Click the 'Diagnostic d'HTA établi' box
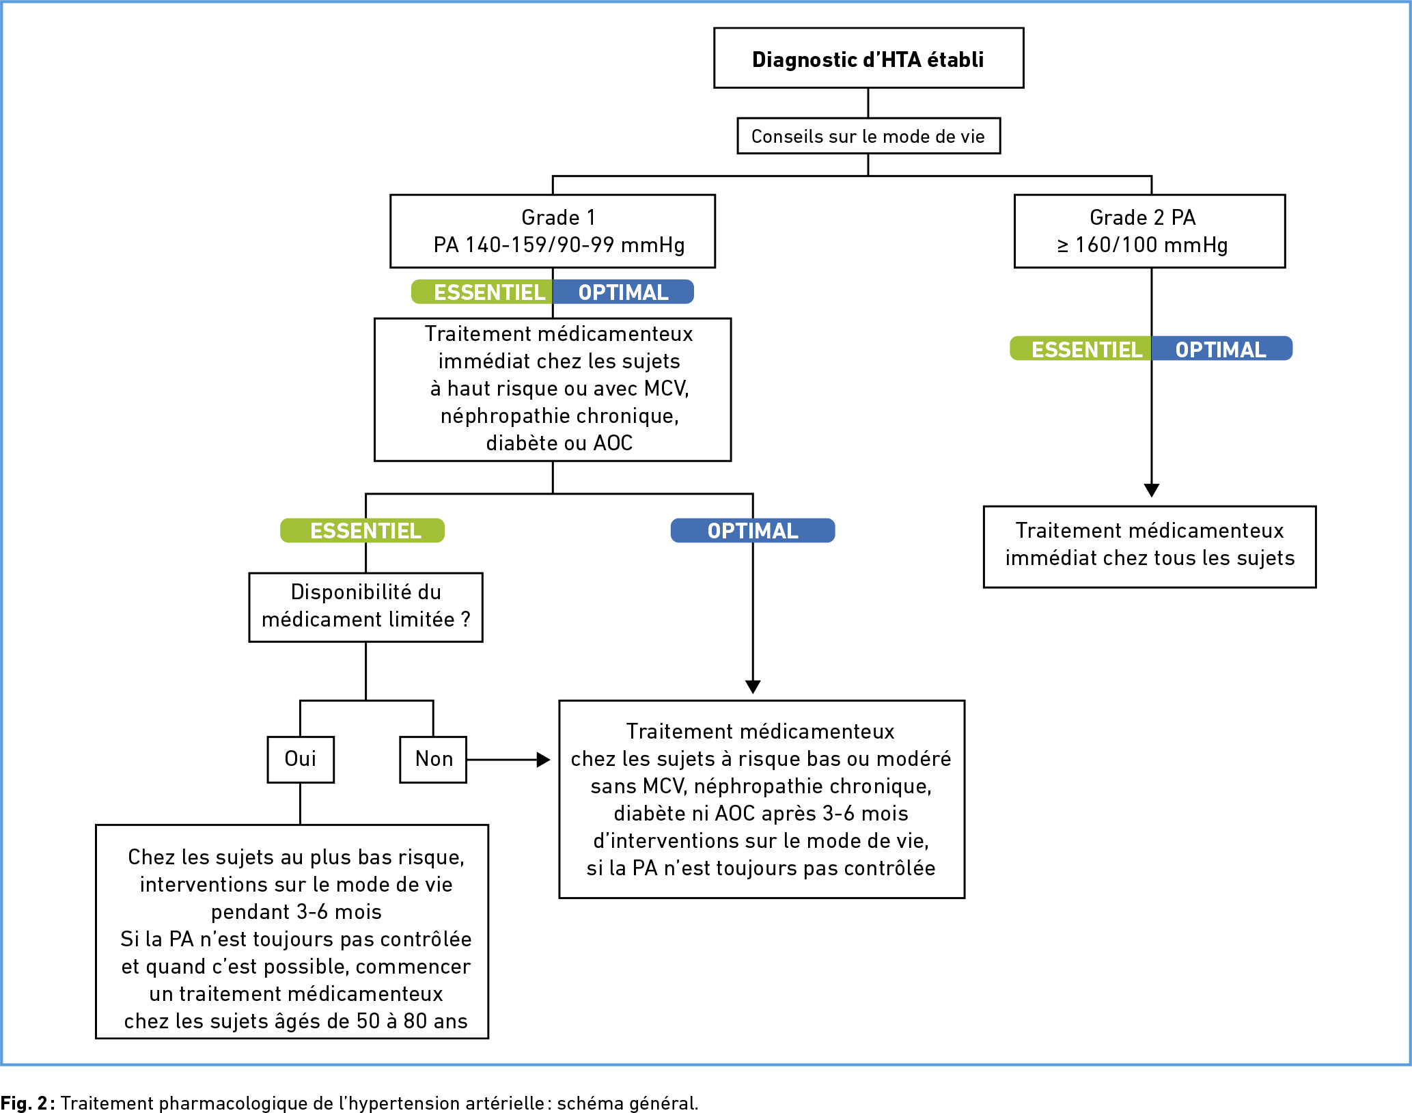tap(868, 58)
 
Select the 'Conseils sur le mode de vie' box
tap(868, 136)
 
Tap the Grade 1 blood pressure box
tap(553, 231)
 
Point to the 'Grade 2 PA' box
tap(1150, 231)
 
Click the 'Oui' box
tap(301, 759)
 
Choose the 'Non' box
tap(433, 759)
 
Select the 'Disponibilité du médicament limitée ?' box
tap(365, 607)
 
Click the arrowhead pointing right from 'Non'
tap(544, 759)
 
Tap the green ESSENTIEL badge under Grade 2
tap(1081, 348)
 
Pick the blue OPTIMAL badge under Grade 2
tap(1222, 348)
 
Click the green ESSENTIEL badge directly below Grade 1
tap(482, 292)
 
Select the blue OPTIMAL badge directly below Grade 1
tap(623, 292)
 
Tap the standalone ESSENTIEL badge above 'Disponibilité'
tap(362, 530)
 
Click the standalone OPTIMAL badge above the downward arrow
tap(753, 530)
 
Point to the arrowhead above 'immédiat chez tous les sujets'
tap(1152, 491)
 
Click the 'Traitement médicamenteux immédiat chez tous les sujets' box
tap(1150, 547)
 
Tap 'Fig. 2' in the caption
tap(24, 1103)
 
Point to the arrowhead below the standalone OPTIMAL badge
tap(753, 687)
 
